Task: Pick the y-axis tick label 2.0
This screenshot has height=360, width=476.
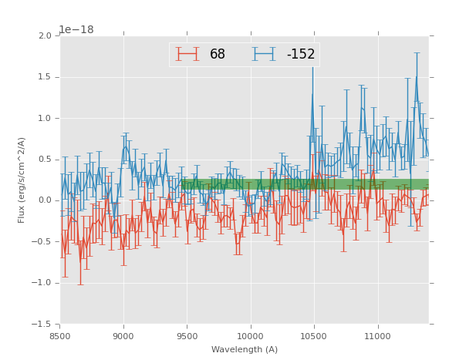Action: [45, 36]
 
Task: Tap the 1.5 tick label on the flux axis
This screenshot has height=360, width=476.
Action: [45, 77]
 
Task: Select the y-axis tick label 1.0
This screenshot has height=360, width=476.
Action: [45, 119]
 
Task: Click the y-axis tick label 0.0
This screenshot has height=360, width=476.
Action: [45, 200]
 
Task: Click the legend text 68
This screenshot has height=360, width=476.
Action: [218, 55]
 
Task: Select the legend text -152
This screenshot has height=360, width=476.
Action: [301, 55]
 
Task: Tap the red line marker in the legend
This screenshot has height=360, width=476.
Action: [187, 55]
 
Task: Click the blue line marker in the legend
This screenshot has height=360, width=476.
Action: [265, 55]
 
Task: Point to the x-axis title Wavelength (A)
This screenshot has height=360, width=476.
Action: [245, 350]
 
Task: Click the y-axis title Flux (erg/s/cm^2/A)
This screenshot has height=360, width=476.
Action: [22, 180]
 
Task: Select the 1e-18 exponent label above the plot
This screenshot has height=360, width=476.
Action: [76, 29]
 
